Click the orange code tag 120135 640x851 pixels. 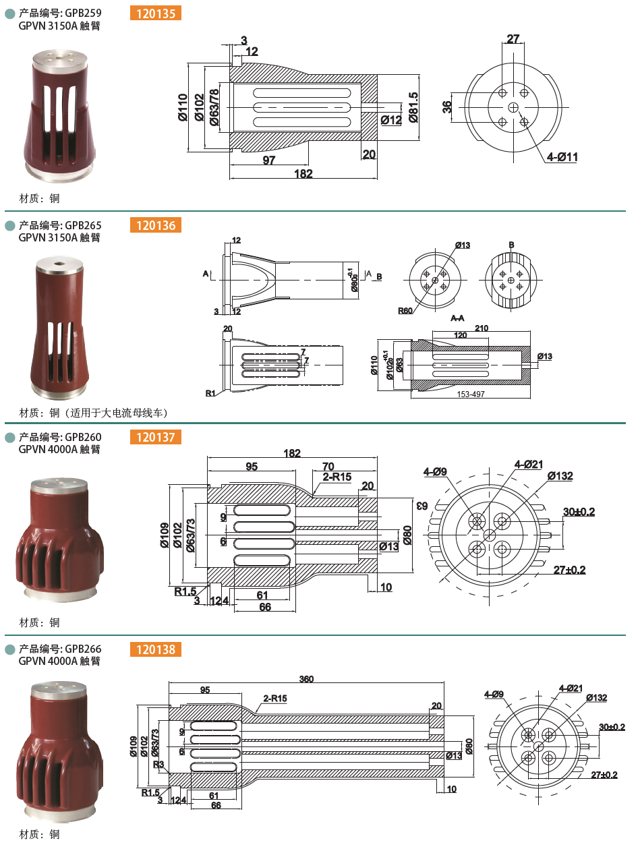pyautogui.click(x=156, y=12)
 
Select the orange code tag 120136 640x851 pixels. pyautogui.click(x=156, y=225)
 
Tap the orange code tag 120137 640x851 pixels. pyautogui.click(x=156, y=438)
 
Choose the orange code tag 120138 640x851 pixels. pyautogui.click(x=156, y=649)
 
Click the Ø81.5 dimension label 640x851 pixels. pyautogui.click(x=413, y=107)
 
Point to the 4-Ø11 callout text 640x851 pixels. pyautogui.click(x=562, y=157)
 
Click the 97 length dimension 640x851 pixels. pyautogui.click(x=269, y=160)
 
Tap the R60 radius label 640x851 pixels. pyautogui.click(x=405, y=311)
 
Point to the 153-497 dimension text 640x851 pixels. pyautogui.click(x=470, y=394)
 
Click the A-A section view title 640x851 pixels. pyautogui.click(x=457, y=318)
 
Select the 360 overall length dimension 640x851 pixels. pyautogui.click(x=306, y=679)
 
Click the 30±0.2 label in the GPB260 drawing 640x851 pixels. pyautogui.click(x=579, y=512)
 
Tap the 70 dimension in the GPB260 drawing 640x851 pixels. pyautogui.click(x=328, y=466)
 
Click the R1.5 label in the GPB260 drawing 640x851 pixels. pyautogui.click(x=185, y=591)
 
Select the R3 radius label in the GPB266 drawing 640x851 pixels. pyautogui.click(x=158, y=764)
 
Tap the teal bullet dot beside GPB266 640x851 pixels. pyautogui.click(x=9, y=649)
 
